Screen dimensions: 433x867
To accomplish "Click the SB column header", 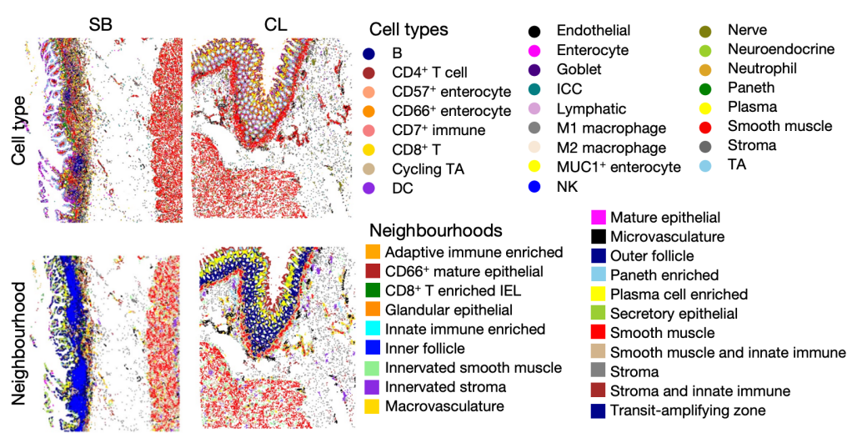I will click(x=100, y=25).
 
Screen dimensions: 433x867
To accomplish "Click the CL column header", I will click(x=276, y=25).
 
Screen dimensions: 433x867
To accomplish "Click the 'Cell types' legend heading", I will click(x=408, y=30).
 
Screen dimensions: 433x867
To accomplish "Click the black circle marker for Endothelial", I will click(x=534, y=32).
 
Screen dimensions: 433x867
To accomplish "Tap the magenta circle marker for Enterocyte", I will click(x=534, y=51).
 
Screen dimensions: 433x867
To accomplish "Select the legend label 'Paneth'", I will click(x=751, y=88).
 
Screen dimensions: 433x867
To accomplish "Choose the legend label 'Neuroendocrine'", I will click(x=780, y=49).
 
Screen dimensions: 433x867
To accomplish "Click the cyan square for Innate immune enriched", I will click(x=373, y=330).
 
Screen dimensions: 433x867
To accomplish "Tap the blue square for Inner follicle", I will click(x=373, y=349).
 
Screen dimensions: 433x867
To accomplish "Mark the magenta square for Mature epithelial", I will click(x=598, y=219).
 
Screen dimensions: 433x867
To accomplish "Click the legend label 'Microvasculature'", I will click(x=667, y=237).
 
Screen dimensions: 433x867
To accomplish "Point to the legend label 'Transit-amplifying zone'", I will click(x=688, y=410).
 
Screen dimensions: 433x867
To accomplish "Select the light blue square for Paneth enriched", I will click(x=598, y=274).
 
